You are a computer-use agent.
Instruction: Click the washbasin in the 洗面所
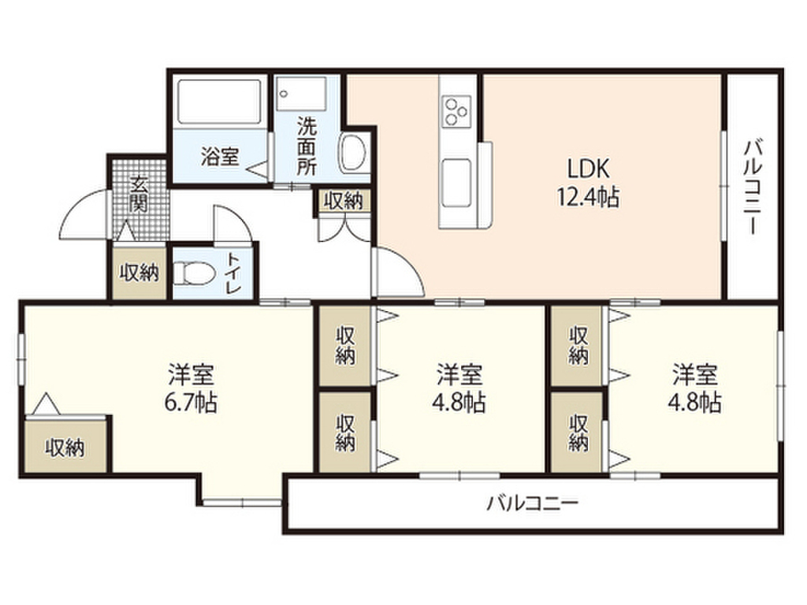[x=352, y=151]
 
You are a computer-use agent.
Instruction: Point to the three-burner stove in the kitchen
[x=456, y=109]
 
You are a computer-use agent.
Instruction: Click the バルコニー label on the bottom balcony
[x=532, y=503]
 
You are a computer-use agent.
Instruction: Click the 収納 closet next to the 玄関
[x=139, y=273]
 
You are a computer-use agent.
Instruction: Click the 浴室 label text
[x=219, y=156]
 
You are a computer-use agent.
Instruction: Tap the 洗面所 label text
[x=306, y=147]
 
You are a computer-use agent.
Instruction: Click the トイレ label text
[x=234, y=273]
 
